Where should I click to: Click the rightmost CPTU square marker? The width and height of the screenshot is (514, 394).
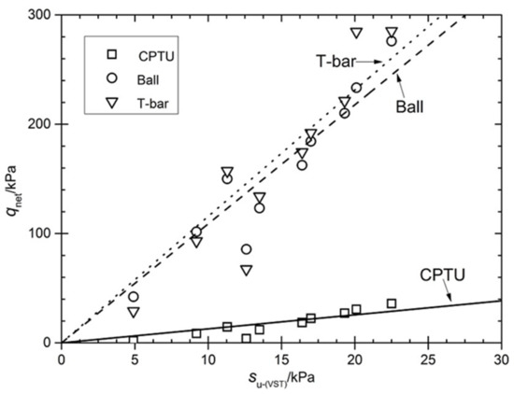pos(392,303)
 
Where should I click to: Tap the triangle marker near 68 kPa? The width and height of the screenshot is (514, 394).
pos(246,270)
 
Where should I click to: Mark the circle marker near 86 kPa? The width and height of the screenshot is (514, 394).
pos(246,249)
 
